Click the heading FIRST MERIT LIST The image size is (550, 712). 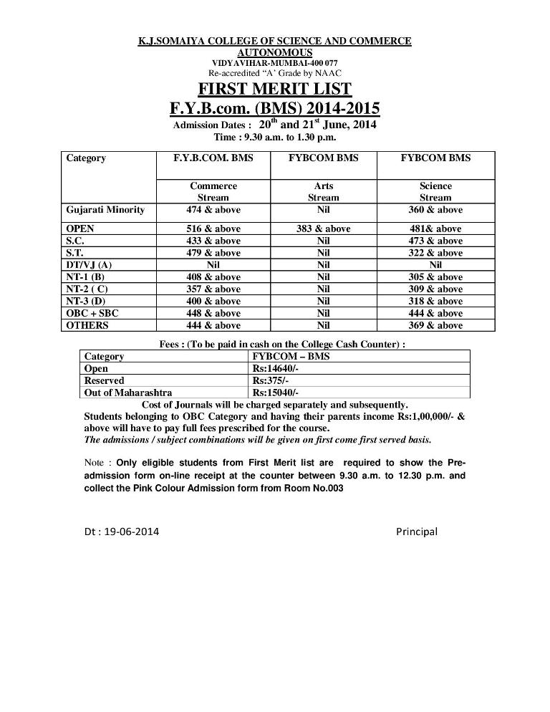pyautogui.click(x=274, y=90)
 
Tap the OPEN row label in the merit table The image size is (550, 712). pyautogui.click(x=80, y=228)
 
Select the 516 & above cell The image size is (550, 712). pyautogui.click(x=213, y=228)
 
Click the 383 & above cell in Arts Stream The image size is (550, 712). pyautogui.click(x=324, y=228)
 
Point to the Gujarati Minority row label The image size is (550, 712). pyautogui.click(x=105, y=210)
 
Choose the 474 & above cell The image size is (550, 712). pyautogui.click(x=213, y=210)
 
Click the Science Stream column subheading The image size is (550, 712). pyautogui.click(x=435, y=191)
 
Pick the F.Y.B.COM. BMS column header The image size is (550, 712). pyautogui.click(x=213, y=158)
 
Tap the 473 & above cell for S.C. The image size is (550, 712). pyautogui.click(x=435, y=241)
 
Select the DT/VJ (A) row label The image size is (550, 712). pyautogui.click(x=89, y=265)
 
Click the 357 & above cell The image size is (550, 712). pyautogui.click(x=213, y=289)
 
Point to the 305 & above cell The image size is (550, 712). pyautogui.click(x=435, y=277)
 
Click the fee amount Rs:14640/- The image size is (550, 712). pyautogui.click(x=276, y=369)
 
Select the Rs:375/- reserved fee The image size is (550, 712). pyautogui.click(x=271, y=380)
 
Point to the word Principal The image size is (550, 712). pyautogui.click(x=417, y=531)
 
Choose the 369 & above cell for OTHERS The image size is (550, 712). pyautogui.click(x=435, y=326)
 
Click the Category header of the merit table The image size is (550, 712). pyautogui.click(x=86, y=158)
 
